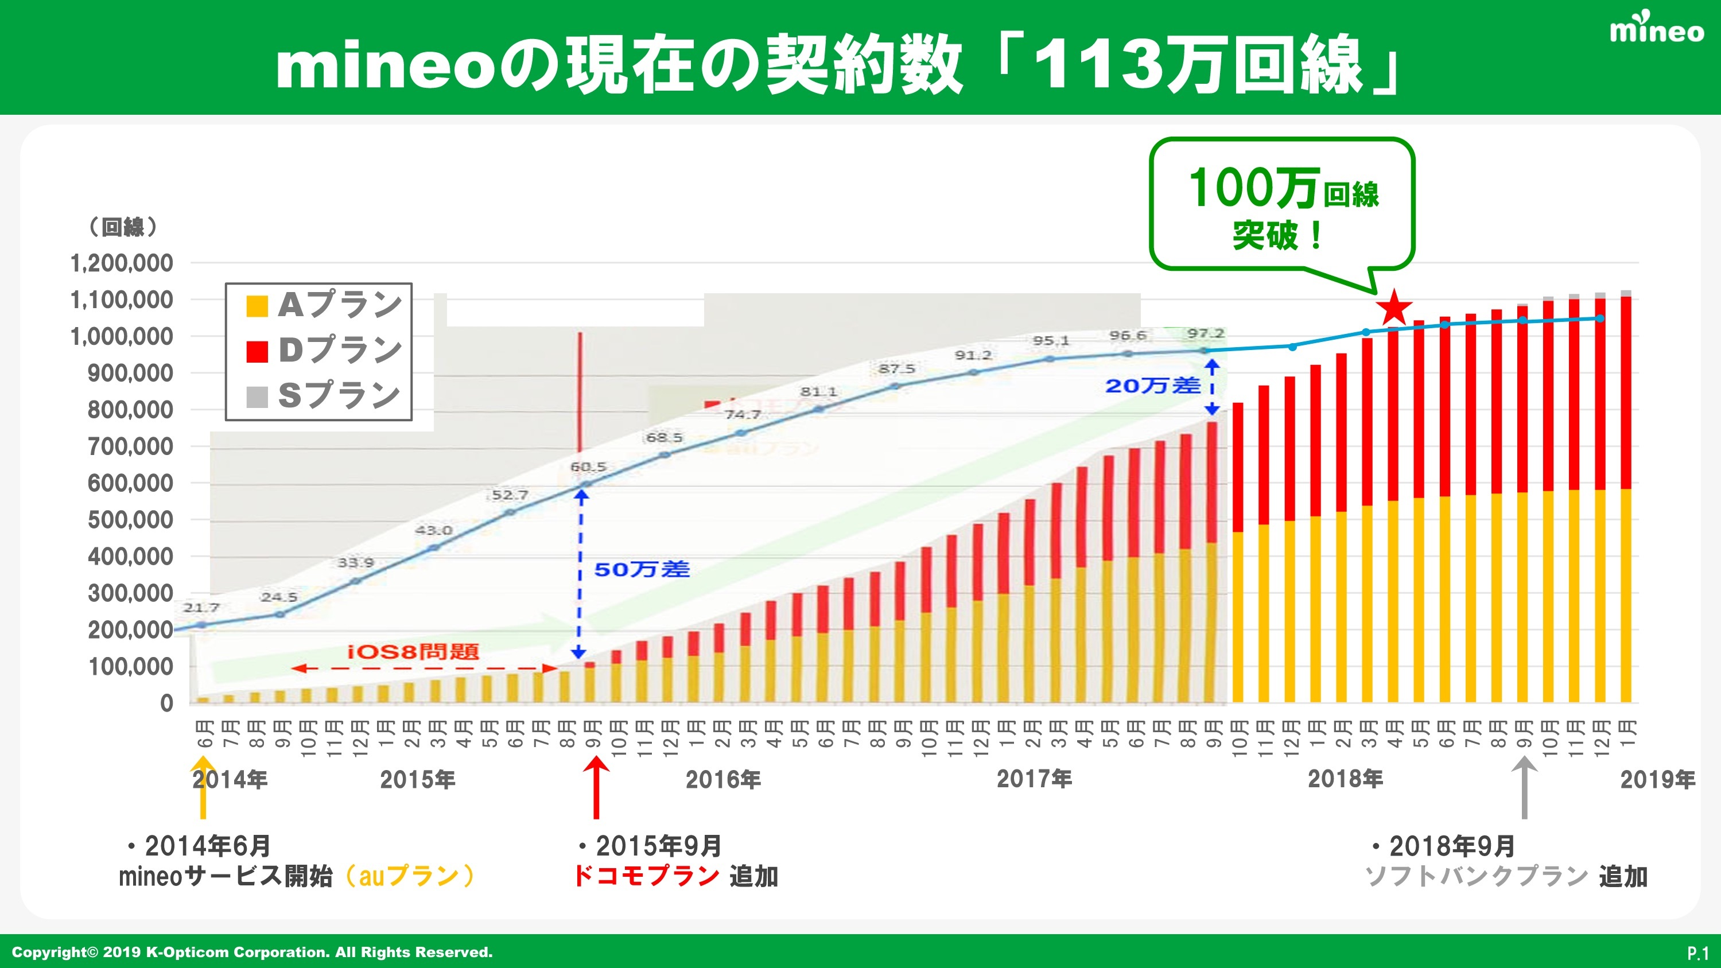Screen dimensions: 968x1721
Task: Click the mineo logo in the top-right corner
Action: click(1656, 29)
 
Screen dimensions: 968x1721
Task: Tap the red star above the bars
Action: click(1394, 308)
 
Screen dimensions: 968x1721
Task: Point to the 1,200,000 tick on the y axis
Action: click(122, 263)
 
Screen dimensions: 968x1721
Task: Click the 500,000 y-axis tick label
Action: click(130, 520)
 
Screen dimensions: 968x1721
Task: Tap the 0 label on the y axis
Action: click(166, 703)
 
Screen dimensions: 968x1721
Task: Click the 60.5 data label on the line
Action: click(588, 467)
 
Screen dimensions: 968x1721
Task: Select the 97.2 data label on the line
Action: click(1205, 333)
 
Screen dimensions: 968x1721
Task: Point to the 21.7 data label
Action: click(201, 607)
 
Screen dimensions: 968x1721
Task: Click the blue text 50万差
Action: click(642, 570)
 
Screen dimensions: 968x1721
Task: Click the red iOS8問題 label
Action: click(413, 651)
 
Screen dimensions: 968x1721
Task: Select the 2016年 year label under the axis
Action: click(723, 780)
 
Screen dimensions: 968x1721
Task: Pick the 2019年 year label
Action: click(1657, 780)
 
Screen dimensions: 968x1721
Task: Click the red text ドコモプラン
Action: click(646, 876)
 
